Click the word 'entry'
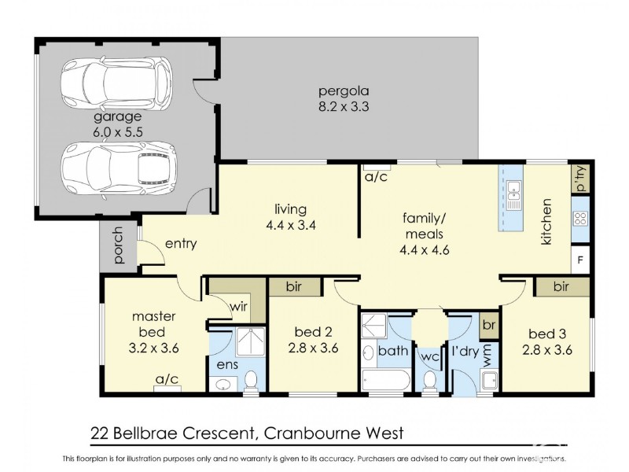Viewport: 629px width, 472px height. tap(175, 245)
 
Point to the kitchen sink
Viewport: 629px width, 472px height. tap(513, 194)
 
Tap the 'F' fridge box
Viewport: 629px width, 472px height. tap(581, 260)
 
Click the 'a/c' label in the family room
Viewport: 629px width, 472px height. tap(375, 178)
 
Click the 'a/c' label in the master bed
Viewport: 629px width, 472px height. tap(167, 380)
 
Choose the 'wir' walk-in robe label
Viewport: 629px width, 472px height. tap(239, 306)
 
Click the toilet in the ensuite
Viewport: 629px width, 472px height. tap(252, 382)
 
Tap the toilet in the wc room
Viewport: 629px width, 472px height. tap(429, 381)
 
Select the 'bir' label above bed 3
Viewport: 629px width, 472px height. tap(561, 287)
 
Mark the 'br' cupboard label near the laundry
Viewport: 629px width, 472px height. tap(487, 324)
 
